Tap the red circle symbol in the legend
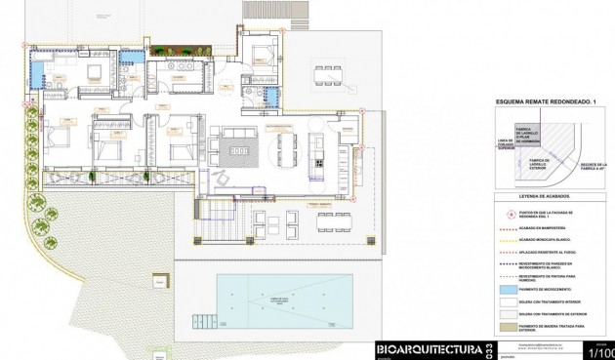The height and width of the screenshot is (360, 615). tap(508, 214)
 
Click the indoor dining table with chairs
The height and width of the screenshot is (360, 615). tap(287, 150)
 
